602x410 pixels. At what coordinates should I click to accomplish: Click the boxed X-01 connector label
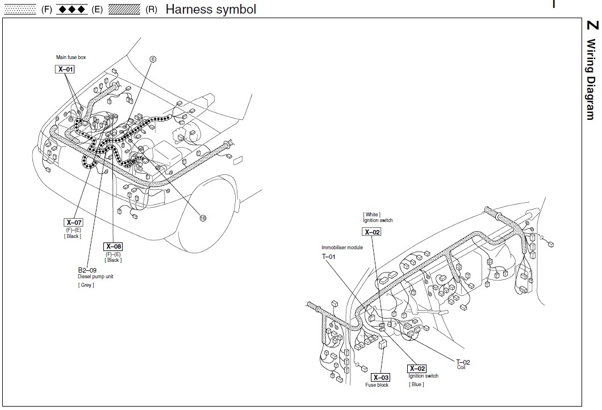[65, 69]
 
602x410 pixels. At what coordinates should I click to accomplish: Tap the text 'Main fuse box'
[71, 57]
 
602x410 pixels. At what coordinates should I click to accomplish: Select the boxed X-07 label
[74, 222]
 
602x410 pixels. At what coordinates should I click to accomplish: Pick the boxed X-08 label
[113, 246]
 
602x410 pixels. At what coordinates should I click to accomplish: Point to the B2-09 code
[87, 270]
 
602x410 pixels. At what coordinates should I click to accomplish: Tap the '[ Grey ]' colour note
[86, 285]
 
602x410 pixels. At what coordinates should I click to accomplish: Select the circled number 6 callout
[153, 59]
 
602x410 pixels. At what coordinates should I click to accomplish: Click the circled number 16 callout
[202, 217]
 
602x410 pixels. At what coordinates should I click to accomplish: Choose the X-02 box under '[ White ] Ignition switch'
[371, 232]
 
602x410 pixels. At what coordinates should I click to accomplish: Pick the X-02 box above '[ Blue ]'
[417, 369]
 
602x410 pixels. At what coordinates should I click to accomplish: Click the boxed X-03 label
[381, 378]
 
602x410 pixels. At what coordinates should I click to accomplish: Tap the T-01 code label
[329, 257]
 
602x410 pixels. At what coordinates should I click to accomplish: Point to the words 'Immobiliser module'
[342, 248]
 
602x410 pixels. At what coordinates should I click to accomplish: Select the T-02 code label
[463, 362]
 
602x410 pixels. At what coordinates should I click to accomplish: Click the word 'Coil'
[461, 367]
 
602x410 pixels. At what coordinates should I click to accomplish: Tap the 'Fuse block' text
[377, 385]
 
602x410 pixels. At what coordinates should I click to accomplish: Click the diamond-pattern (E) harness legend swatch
[72, 10]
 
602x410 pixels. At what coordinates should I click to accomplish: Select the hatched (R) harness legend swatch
[124, 10]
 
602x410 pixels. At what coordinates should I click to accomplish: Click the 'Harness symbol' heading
[211, 9]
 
